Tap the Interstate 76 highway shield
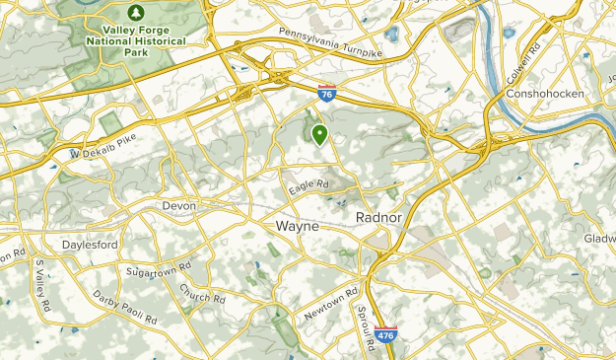point(327,95)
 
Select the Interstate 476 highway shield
point(386,335)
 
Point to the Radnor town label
point(375,216)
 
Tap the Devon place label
point(179,205)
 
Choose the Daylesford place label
point(90,244)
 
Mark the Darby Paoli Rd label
point(125,307)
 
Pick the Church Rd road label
point(202,293)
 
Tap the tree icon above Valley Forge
point(134,13)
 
